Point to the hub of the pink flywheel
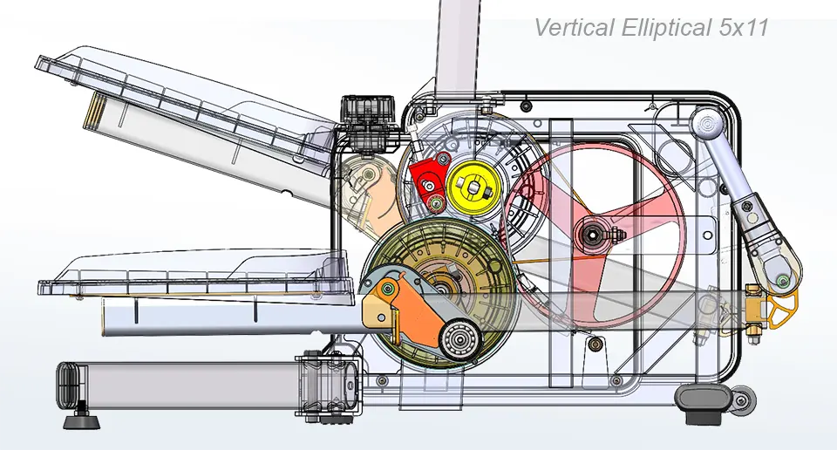(x=592, y=233)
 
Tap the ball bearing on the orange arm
(x=460, y=339)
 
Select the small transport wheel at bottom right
(x=741, y=402)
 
